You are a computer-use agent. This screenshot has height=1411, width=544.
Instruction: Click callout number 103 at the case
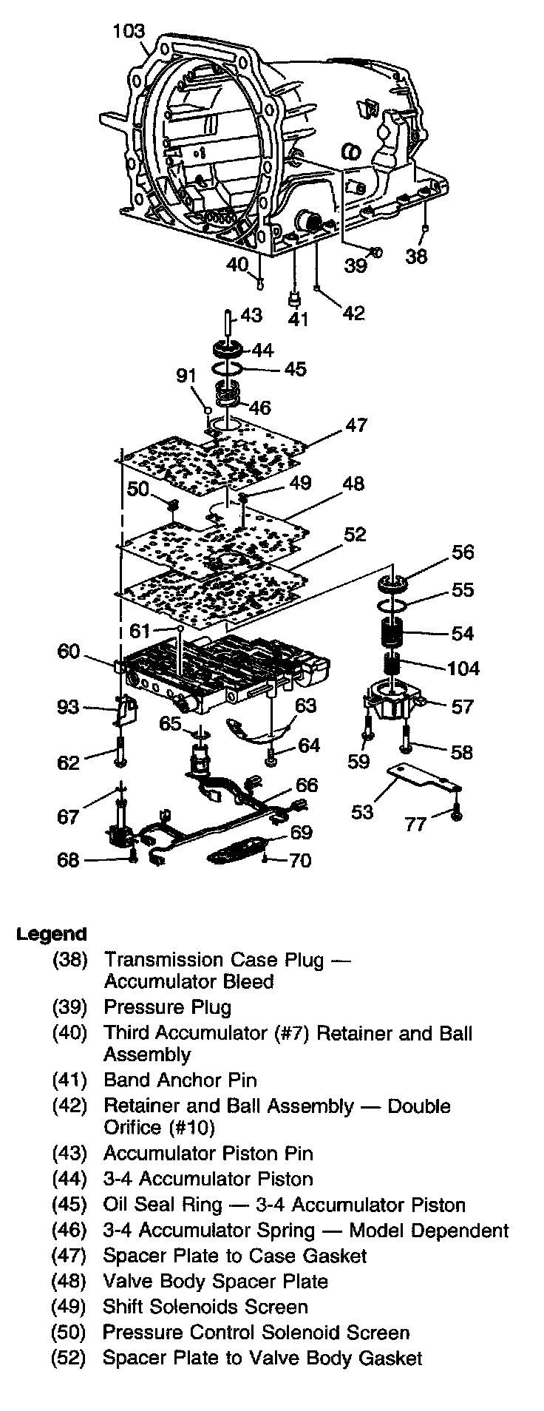click(x=128, y=31)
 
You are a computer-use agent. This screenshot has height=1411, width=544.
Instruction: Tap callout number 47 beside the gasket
click(x=356, y=427)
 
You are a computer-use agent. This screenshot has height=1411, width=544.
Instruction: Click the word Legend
click(x=51, y=934)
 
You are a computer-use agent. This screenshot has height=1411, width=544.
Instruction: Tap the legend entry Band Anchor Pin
click(x=180, y=1080)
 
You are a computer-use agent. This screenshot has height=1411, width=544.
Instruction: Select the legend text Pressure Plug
click(x=167, y=1007)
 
